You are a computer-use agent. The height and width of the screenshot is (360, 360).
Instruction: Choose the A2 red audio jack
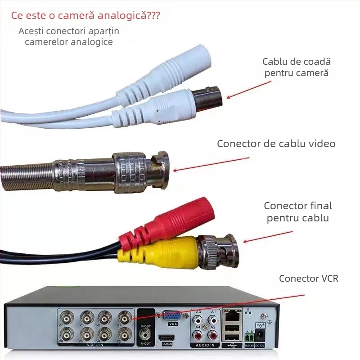point(212,336)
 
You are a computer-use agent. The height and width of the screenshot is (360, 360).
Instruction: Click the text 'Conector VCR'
point(308,278)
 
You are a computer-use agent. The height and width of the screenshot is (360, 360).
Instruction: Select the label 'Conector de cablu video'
point(276,144)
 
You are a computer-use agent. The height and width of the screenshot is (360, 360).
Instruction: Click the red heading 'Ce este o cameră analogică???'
point(85,16)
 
